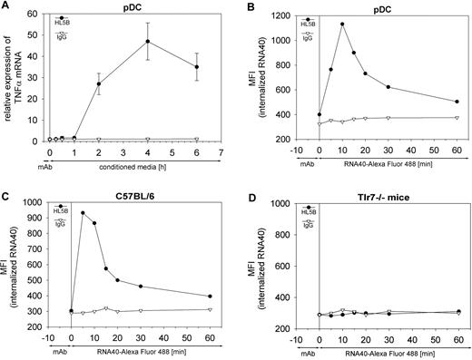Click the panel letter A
tap(6, 6)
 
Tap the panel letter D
tap(250, 189)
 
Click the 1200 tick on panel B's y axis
tap(291, 16)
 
